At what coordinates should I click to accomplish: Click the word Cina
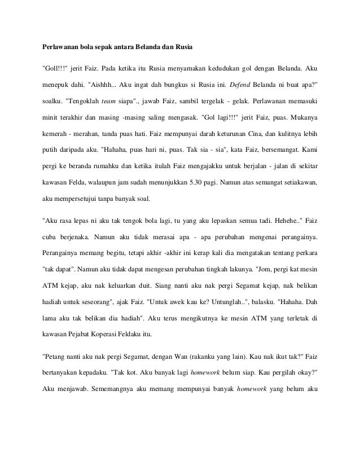click(x=249, y=135)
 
